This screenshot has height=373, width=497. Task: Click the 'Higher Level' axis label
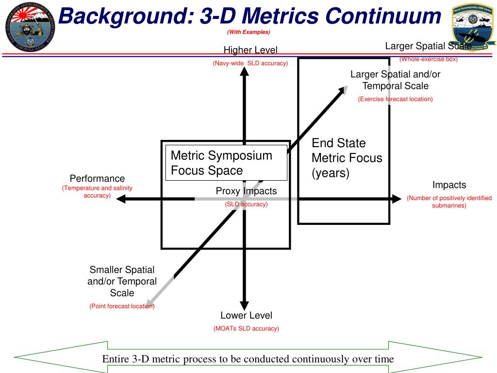pyautogui.click(x=250, y=50)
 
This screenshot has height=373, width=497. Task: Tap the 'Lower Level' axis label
pyautogui.click(x=246, y=315)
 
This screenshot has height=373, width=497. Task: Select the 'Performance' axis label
pyautogui.click(x=97, y=178)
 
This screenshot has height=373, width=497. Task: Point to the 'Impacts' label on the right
pyautogui.click(x=449, y=185)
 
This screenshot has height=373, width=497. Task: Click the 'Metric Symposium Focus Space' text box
pyautogui.click(x=226, y=163)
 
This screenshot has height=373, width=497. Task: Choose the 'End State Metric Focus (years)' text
pyautogui.click(x=347, y=158)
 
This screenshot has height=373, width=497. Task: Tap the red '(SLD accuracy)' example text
pyautogui.click(x=246, y=204)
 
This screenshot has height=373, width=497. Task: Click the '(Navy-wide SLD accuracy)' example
pyautogui.click(x=250, y=63)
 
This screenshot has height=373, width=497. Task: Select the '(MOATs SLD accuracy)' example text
pyautogui.click(x=246, y=328)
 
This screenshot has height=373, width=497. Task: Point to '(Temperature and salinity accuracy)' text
pyautogui.click(x=97, y=191)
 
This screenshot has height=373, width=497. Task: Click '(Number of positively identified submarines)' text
pyautogui.click(x=449, y=202)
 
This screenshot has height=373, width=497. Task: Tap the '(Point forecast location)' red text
pyautogui.click(x=121, y=306)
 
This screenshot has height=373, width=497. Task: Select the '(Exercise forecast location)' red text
pyautogui.click(x=395, y=99)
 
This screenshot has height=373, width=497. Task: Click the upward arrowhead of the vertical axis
pyautogui.click(x=244, y=71)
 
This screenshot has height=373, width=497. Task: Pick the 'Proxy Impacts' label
pyautogui.click(x=246, y=191)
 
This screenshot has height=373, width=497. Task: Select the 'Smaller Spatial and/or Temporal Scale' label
pyautogui.click(x=122, y=281)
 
